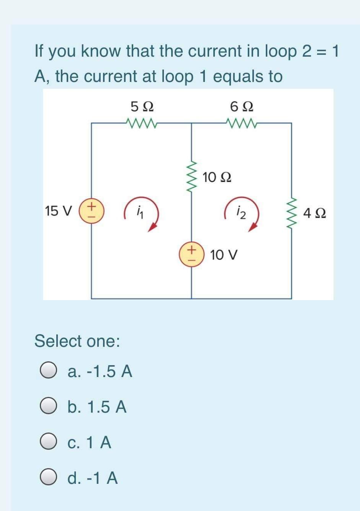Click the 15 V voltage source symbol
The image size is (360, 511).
pos(92,211)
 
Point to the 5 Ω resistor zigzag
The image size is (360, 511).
pos(141,123)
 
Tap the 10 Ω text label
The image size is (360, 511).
pos(217,177)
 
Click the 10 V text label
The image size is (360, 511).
pos(224,255)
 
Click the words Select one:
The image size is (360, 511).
pos(77,341)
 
